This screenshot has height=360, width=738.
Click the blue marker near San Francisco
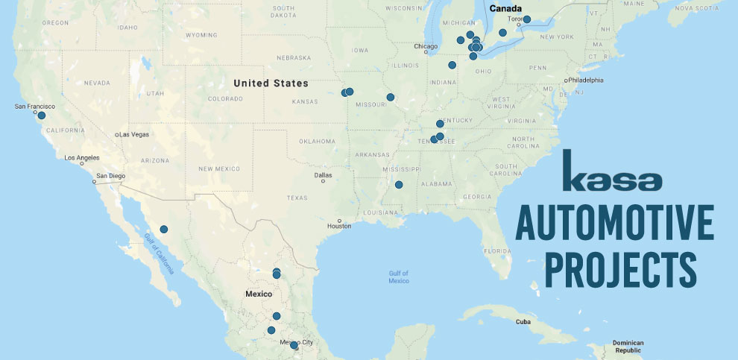(42, 115)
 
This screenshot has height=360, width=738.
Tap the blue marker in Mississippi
(399, 185)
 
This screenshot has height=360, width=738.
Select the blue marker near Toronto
(526, 19)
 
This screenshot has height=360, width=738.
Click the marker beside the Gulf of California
(164, 229)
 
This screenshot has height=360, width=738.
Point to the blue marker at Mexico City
(294, 345)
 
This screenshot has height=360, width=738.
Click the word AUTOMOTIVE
(614, 222)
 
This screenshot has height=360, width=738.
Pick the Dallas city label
(323, 175)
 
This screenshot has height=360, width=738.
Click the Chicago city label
(426, 46)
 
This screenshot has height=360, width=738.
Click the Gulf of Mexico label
(399, 277)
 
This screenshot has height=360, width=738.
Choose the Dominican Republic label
(628, 347)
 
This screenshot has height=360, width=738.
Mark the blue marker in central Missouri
(390, 97)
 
